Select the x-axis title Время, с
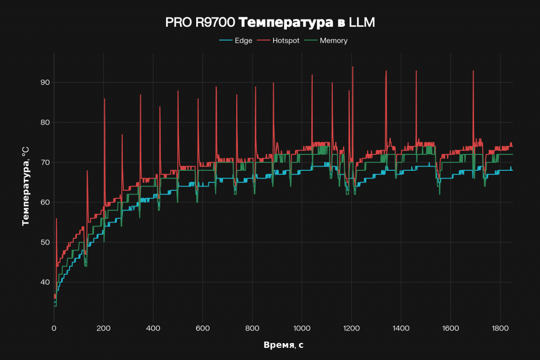point(283,345)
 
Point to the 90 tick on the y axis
point(44,82)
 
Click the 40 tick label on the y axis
point(44,283)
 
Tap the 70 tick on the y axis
point(44,162)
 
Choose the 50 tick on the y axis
point(44,242)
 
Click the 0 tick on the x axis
point(54,328)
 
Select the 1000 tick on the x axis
point(302,328)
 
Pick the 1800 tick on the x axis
point(500,328)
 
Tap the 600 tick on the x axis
point(202,328)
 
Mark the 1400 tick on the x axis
point(401,328)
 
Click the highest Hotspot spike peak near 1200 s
point(353,67)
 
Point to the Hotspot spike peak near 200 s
point(104,99)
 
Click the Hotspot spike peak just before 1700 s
point(473,71)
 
